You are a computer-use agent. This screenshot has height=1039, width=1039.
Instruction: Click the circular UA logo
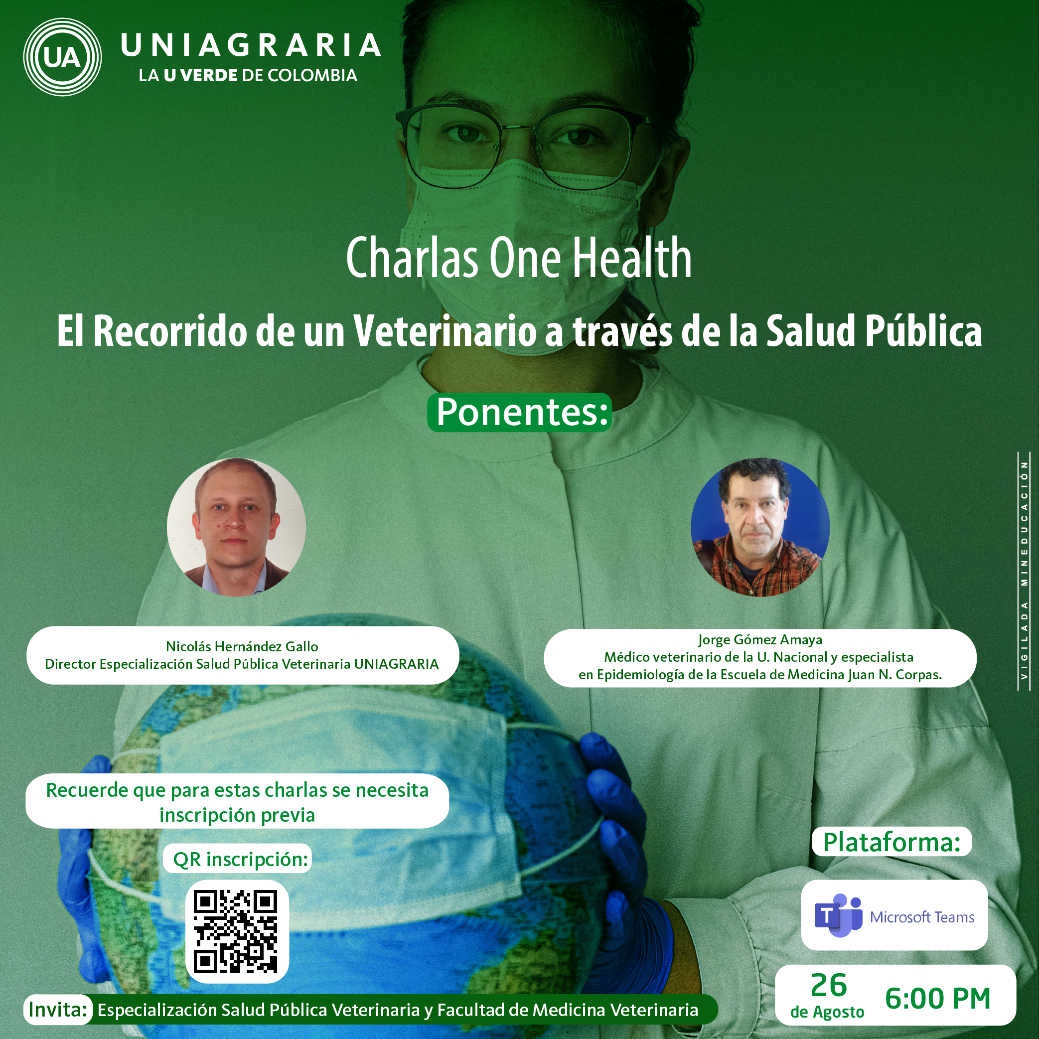[x=62, y=57]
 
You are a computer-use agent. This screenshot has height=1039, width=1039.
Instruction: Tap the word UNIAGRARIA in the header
[x=251, y=45]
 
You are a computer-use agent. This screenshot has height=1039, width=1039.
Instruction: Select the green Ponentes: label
[x=519, y=413]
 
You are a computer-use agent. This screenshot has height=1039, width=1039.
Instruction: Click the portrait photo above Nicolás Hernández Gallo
[x=237, y=527]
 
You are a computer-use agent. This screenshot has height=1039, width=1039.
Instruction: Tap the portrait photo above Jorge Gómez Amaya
[x=760, y=527]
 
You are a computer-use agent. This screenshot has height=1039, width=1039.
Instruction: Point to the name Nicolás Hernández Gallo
[x=242, y=646]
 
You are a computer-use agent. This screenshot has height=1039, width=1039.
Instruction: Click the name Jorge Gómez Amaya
[x=760, y=639]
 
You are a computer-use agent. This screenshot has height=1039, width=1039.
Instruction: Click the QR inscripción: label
[x=240, y=860]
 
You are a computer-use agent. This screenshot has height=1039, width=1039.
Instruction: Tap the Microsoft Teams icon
[x=838, y=915]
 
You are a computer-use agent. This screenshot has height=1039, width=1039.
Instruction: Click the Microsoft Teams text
[x=922, y=917]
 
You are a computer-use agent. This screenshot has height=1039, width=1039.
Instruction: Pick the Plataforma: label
[x=891, y=842]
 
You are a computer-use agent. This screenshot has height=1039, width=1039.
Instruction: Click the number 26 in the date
[x=829, y=985]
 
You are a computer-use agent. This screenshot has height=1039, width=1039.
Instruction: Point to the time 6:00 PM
[x=937, y=999]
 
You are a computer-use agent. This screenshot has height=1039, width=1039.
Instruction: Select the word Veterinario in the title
[x=445, y=331]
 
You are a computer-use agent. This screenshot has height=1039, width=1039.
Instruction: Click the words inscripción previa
[x=237, y=815]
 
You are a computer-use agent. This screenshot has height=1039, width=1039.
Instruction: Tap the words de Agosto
[x=827, y=1012]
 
